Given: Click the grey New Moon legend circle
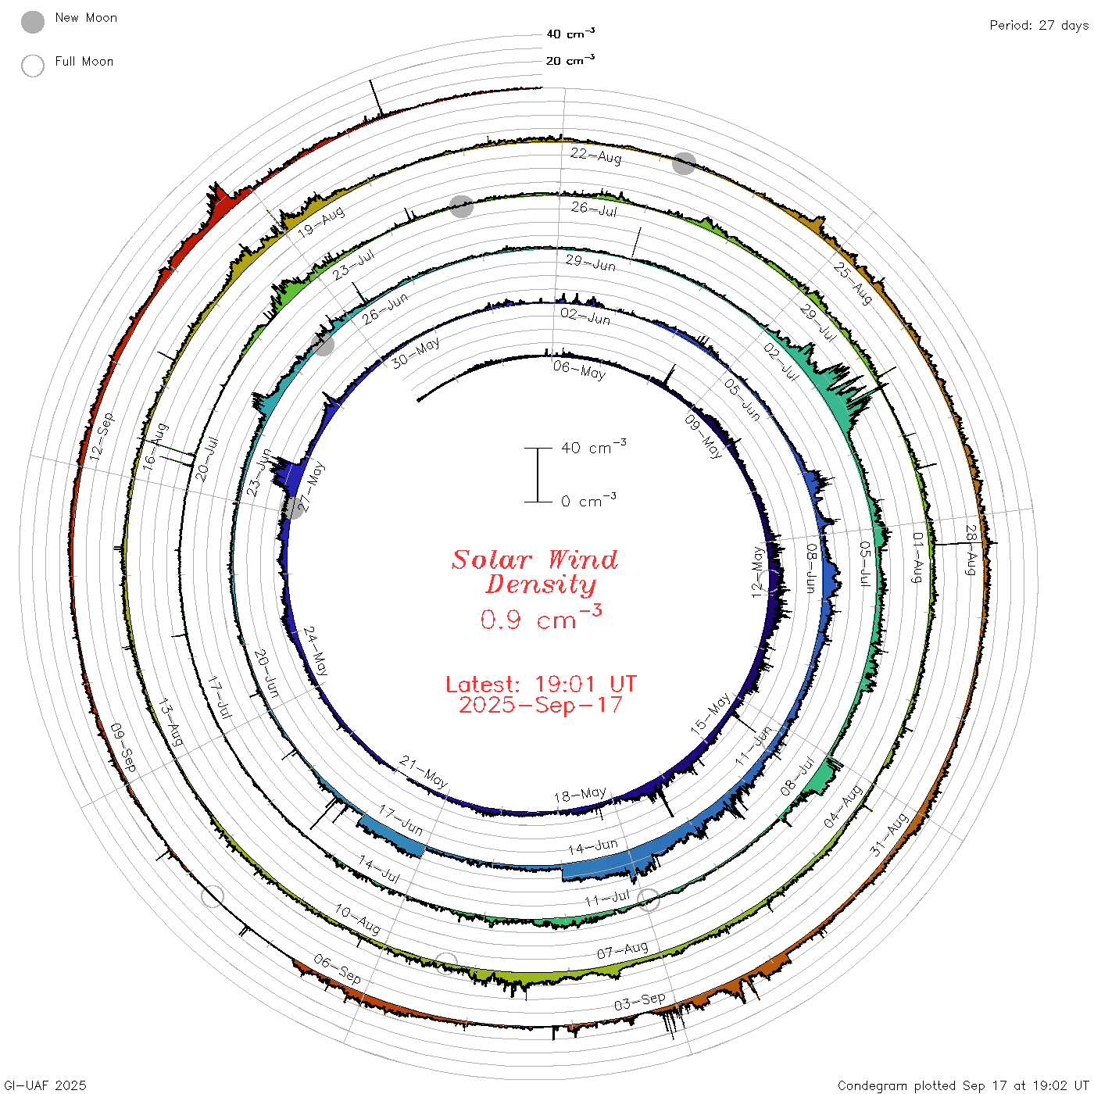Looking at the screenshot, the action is click(x=32, y=22).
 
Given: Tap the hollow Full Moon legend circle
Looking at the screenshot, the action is click(x=32, y=66).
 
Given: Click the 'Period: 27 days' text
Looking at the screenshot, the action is click(x=1039, y=26).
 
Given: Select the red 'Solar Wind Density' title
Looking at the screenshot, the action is click(x=534, y=572).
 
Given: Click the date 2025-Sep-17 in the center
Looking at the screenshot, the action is click(x=541, y=705).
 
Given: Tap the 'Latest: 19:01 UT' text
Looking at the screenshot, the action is click(x=541, y=684).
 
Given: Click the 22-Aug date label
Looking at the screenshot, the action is click(x=595, y=155).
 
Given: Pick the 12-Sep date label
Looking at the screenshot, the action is click(x=102, y=436).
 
